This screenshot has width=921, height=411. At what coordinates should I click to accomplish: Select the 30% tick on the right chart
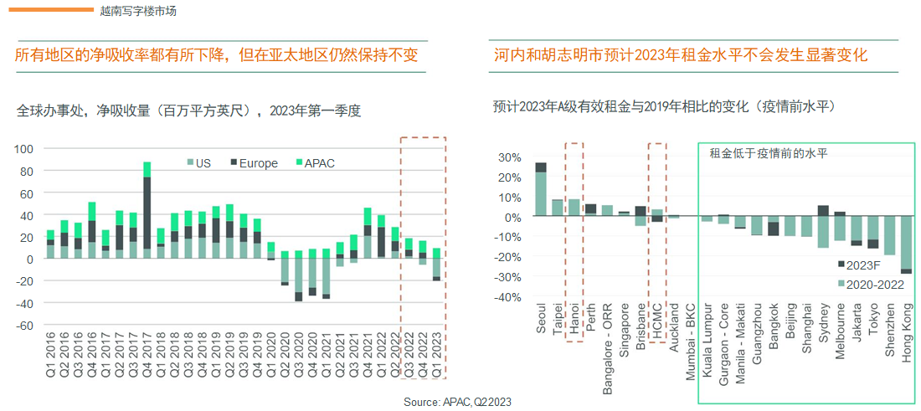(510, 157)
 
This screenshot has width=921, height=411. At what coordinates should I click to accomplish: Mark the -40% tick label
(507, 297)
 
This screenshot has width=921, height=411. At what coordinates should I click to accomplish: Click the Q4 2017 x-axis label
(147, 354)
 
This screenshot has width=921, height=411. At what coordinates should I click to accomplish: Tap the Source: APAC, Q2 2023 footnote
(457, 403)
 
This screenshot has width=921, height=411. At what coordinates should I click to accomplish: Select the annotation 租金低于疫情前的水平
(769, 153)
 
